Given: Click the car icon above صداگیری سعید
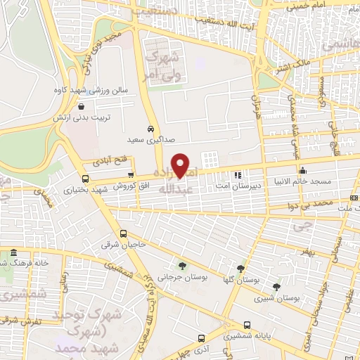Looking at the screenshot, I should pos(151,129).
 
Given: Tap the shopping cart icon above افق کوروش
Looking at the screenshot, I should pos(131,174).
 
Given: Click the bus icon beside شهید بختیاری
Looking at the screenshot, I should pos(86,179).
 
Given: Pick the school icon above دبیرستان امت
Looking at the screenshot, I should pos(238,175).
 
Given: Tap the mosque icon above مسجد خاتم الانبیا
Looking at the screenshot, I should pos(302,169).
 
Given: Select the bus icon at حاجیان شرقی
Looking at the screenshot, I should pos(124,234).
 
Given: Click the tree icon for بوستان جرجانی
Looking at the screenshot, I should pos(182,266).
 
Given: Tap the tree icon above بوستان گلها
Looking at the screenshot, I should pos(241,268).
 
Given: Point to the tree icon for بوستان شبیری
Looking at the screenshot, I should pos(276,287).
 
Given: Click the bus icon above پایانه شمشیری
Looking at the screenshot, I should pos(247,325).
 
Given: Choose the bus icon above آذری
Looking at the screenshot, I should pos(202,338).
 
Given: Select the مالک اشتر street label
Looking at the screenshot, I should pos(275,69).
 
